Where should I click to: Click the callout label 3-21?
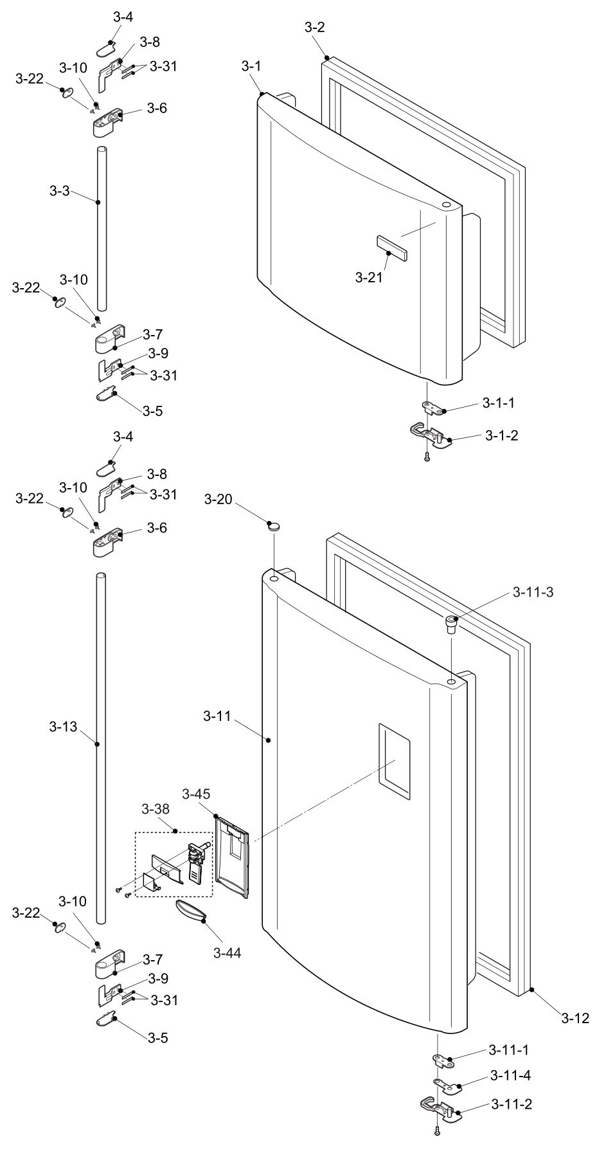(370, 278)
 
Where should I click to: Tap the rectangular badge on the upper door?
(391, 247)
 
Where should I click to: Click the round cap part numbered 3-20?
(275, 527)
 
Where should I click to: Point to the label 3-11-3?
(533, 592)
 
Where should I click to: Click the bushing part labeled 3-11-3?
(452, 624)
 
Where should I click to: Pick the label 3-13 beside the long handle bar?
(62, 727)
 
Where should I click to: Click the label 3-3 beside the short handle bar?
(62, 191)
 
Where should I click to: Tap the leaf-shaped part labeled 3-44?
(190, 911)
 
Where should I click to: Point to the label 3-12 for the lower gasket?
(575, 1018)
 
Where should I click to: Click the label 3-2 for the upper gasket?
(314, 27)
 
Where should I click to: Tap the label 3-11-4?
(510, 1075)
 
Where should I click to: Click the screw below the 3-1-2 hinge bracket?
(427, 458)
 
